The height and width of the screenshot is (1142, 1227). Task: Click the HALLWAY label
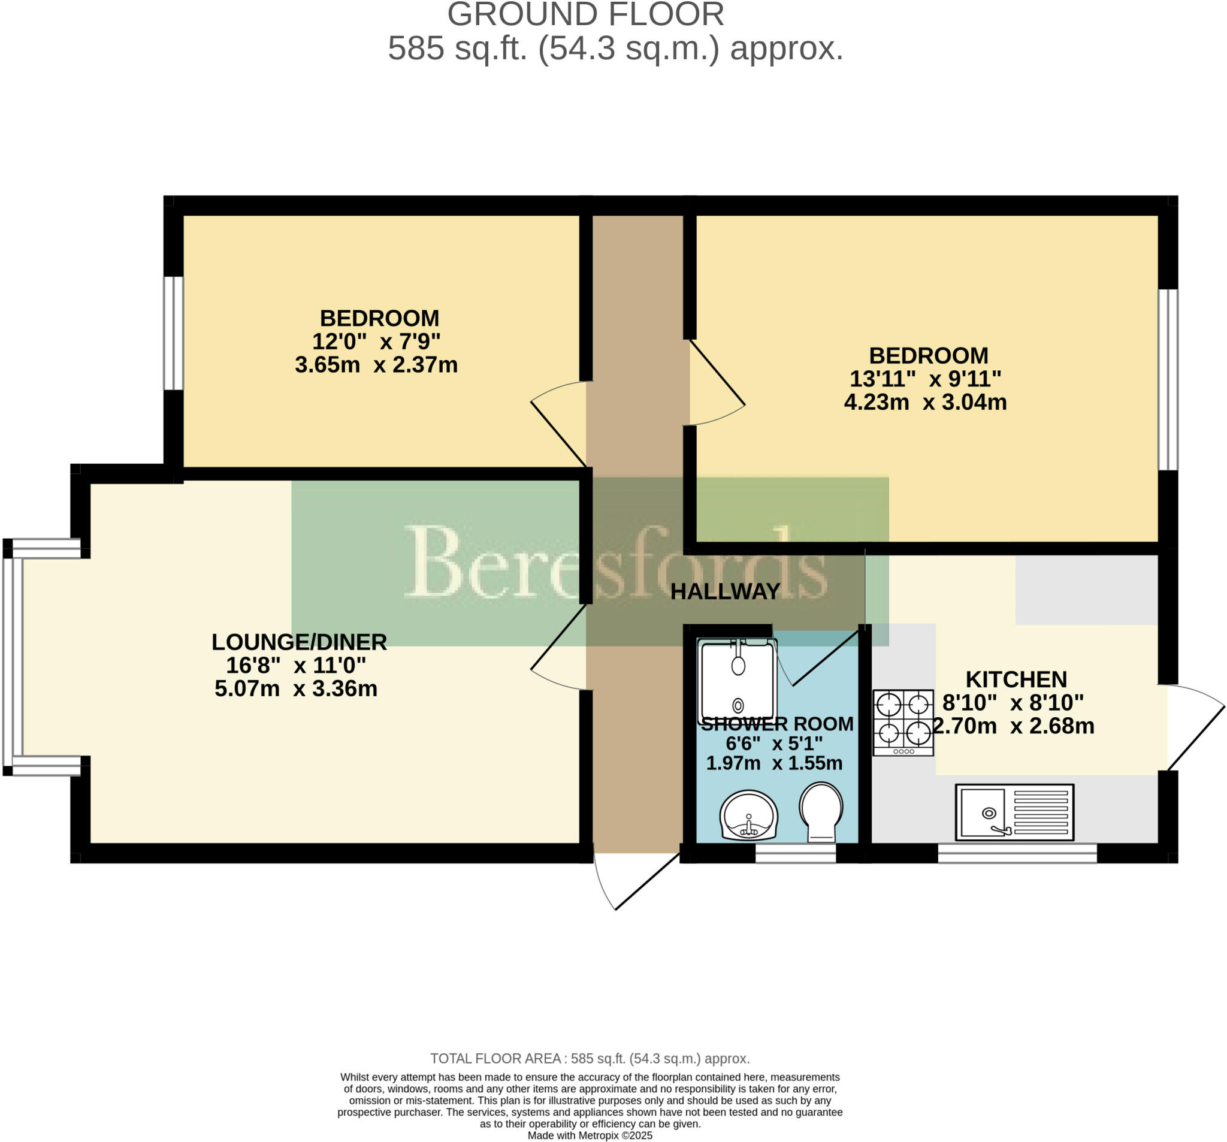pyautogui.click(x=725, y=591)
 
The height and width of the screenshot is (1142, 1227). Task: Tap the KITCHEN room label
pyautogui.click(x=1016, y=679)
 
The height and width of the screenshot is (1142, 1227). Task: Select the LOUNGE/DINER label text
pyautogui.click(x=299, y=642)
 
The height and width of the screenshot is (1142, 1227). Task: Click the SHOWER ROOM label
pyautogui.click(x=777, y=723)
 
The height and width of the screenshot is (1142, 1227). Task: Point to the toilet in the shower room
pyautogui.click(x=821, y=811)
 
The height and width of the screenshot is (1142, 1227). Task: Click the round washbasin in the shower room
pyautogui.click(x=749, y=815)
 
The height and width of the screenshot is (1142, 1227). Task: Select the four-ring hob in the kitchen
pyautogui.click(x=903, y=723)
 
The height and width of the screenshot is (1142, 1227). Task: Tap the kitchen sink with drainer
pyautogui.click(x=1014, y=812)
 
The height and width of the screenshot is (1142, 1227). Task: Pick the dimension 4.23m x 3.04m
pyautogui.click(x=925, y=403)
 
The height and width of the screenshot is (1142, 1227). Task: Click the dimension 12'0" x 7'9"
pyautogui.click(x=376, y=342)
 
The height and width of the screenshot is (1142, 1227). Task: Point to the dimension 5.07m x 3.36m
pyautogui.click(x=295, y=688)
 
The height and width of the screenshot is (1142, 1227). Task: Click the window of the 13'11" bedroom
pyautogui.click(x=1168, y=380)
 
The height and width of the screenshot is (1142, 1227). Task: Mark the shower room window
pyautogui.click(x=796, y=853)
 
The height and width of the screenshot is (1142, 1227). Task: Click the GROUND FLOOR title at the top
pyautogui.click(x=585, y=15)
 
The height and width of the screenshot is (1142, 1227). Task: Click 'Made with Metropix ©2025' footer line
pyautogui.click(x=590, y=1135)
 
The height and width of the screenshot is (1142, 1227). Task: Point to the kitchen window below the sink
pyautogui.click(x=1017, y=853)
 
